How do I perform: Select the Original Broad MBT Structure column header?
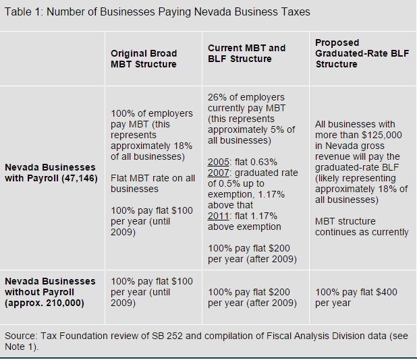pos(143,59)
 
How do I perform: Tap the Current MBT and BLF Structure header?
pos(246,53)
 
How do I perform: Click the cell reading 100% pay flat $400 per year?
pos(356,297)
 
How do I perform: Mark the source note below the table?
pos(202,341)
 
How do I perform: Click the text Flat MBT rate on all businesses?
pos(152,183)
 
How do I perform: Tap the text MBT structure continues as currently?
pos(361,227)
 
